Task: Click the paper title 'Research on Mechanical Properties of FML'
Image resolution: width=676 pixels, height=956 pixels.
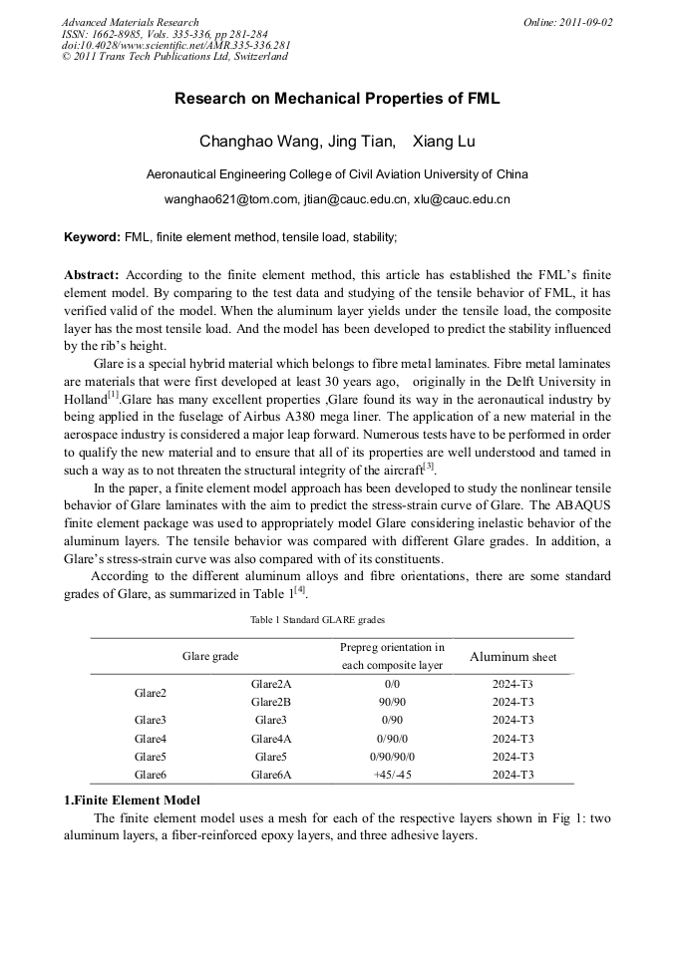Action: (337, 99)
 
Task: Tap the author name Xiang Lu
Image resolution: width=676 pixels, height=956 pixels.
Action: (444, 142)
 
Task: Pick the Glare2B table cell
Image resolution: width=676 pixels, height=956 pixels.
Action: (271, 702)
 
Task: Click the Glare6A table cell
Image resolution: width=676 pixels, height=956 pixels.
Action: (271, 775)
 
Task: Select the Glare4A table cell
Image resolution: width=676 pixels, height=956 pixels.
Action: (271, 739)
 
